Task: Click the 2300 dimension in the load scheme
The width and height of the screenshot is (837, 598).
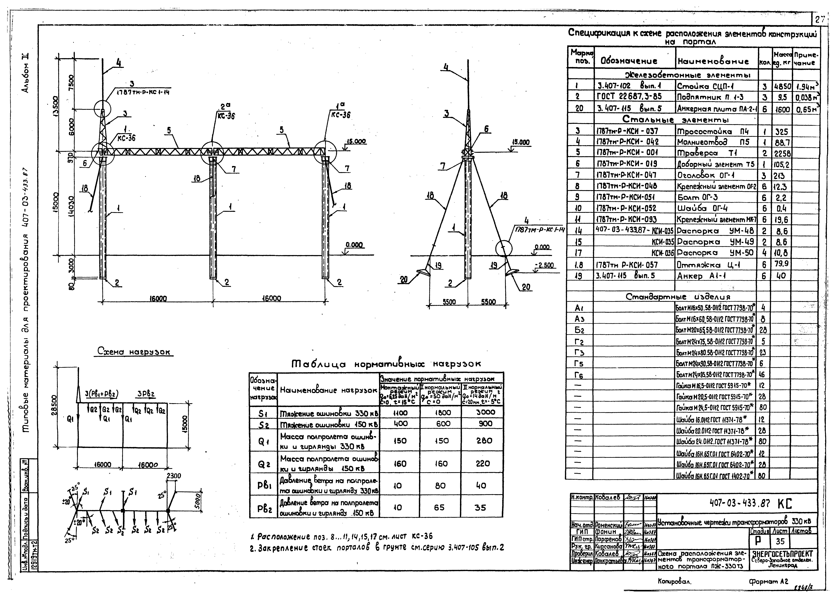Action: (174, 476)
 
